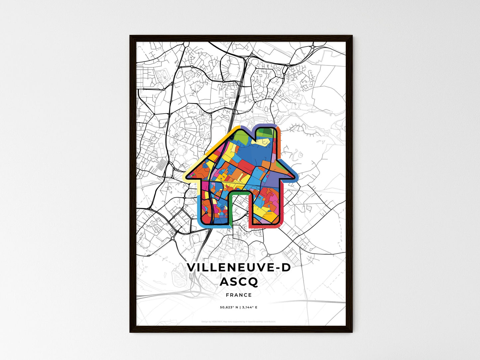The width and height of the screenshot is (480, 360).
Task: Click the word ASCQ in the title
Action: pos(239,282)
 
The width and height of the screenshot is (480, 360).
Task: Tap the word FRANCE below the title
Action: pos(239,295)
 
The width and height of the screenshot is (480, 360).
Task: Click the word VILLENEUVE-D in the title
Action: pos(239,267)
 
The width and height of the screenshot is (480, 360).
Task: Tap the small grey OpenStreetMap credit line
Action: pos(239,321)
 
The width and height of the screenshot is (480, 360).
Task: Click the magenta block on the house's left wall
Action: pos(205,186)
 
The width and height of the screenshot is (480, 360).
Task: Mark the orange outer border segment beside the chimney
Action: pos(279,146)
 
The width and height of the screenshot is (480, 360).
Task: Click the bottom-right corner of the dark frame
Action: pos(352,332)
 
